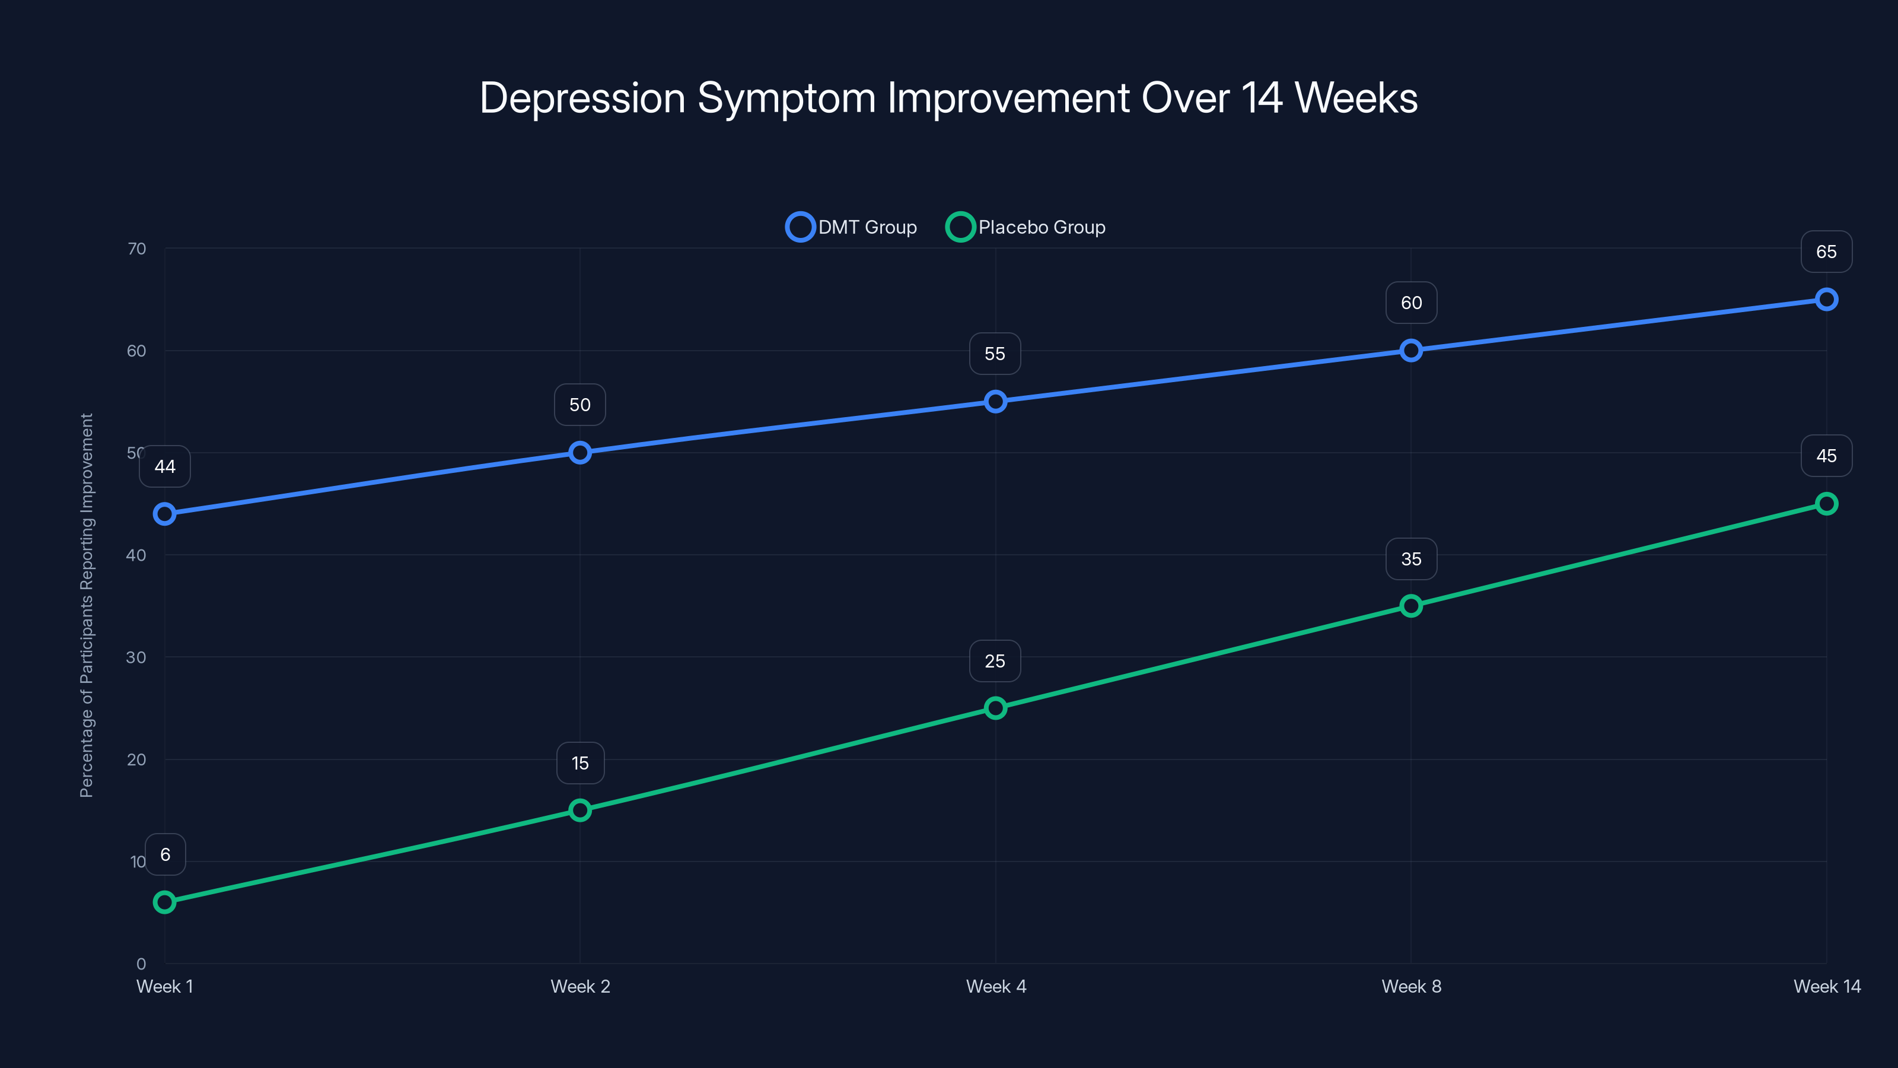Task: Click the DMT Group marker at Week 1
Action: pos(164,514)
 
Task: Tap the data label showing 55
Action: pos(995,354)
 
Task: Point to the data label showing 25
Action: pos(995,661)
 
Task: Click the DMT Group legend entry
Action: pos(852,227)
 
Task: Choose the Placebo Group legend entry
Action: pos(1026,227)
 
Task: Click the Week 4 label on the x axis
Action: pos(995,986)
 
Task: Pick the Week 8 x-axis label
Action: pos(1411,986)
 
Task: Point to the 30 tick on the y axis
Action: pos(136,657)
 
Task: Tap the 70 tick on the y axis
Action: pos(136,249)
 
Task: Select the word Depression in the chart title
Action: pos(582,98)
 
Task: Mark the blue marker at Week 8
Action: pos(1411,350)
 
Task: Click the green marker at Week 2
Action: pos(580,810)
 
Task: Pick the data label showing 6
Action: pos(165,854)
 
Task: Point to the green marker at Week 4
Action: pos(995,708)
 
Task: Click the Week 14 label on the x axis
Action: pos(1827,986)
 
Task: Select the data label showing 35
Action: pos(1411,559)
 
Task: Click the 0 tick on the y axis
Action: pos(141,964)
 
